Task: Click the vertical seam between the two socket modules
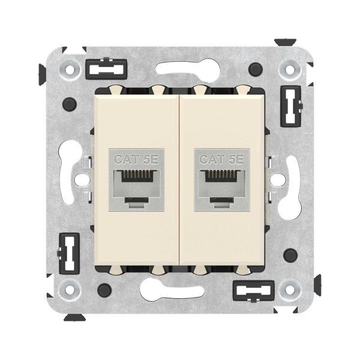[x=179, y=180]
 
